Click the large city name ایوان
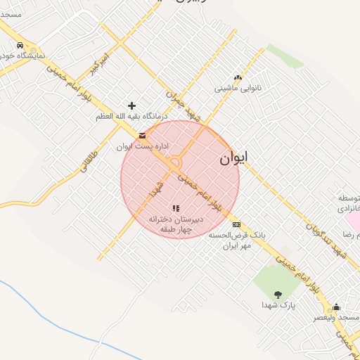234,158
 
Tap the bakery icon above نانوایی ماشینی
238,78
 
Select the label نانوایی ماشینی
238,89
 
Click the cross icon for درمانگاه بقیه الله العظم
131,105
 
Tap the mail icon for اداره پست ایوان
143,136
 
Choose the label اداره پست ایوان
134,146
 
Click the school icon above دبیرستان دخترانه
176,208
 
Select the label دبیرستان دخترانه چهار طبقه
176,224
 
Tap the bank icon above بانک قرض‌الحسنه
236,225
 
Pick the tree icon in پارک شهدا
278,295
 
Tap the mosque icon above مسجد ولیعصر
336,307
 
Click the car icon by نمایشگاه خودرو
20,46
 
